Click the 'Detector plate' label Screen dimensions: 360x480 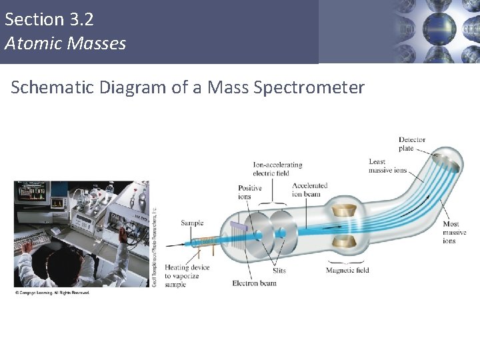coord(411,144)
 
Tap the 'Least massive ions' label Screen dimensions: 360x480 coord(387,166)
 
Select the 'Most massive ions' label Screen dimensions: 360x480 coord(455,232)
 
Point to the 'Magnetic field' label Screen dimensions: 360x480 coord(347,270)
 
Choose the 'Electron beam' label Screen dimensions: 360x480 coord(254,283)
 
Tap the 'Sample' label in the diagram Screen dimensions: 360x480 coord(192,223)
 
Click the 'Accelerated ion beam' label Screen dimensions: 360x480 coord(309,190)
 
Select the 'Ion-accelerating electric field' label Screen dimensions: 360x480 coord(277,169)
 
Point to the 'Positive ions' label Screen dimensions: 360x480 coord(250,193)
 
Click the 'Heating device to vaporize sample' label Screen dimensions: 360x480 coord(187,275)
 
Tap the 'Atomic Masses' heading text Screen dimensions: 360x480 coord(65,44)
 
